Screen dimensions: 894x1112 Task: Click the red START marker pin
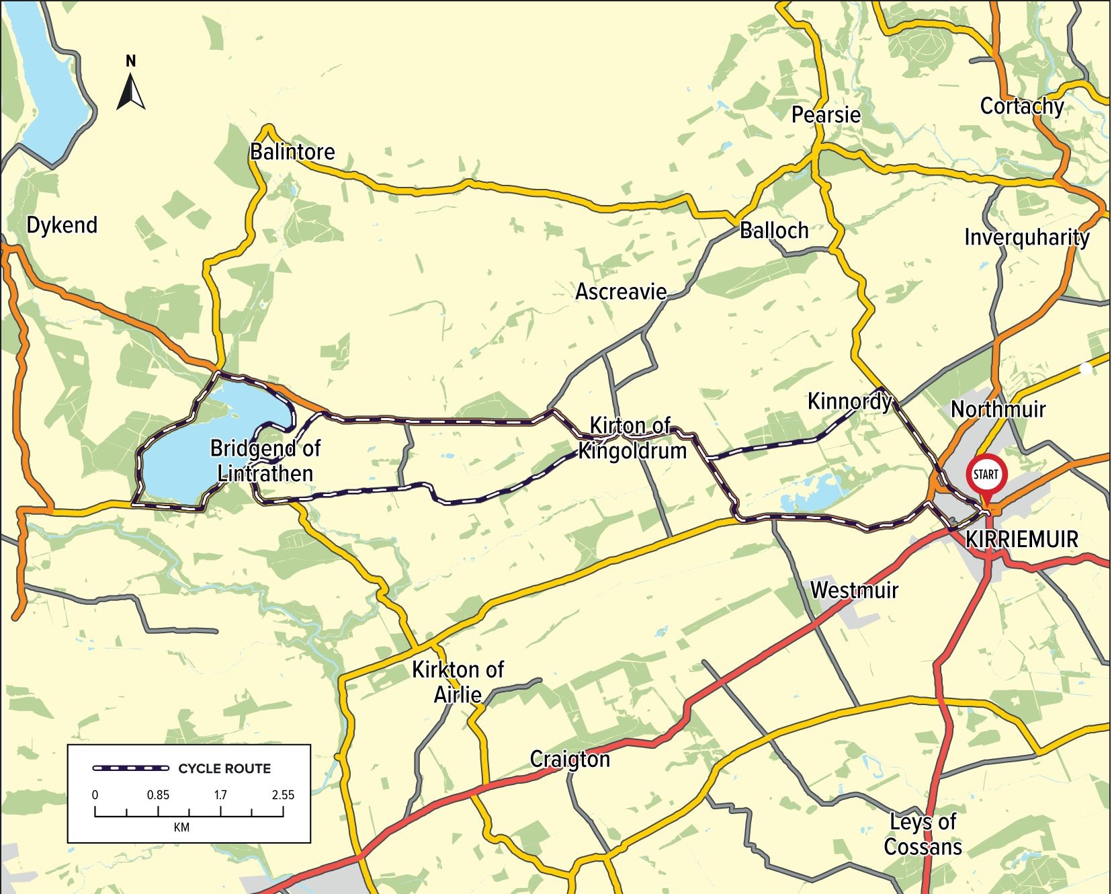pyautogui.click(x=986, y=476)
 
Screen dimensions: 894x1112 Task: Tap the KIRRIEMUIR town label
pyautogui.click(x=1021, y=540)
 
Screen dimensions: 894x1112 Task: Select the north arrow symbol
pyautogui.click(x=131, y=91)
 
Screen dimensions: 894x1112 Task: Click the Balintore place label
pyautogui.click(x=292, y=152)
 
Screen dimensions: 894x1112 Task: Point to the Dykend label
pyautogui.click(x=62, y=225)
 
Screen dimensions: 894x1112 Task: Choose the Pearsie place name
pyautogui.click(x=826, y=115)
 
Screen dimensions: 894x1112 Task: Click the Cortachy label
pyautogui.click(x=1021, y=107)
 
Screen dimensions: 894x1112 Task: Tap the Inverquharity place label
pyautogui.click(x=1027, y=238)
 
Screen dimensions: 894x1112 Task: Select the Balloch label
pyautogui.click(x=774, y=231)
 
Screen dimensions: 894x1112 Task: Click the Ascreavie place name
pyautogui.click(x=621, y=292)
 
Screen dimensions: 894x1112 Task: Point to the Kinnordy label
pyautogui.click(x=849, y=402)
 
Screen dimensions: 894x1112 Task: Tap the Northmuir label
pyautogui.click(x=998, y=409)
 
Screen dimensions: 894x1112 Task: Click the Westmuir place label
pyautogui.click(x=854, y=590)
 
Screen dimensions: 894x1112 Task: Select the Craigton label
pyautogui.click(x=570, y=760)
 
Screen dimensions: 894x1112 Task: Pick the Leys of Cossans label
pyautogui.click(x=923, y=834)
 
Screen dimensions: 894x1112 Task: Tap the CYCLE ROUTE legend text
pyautogui.click(x=224, y=769)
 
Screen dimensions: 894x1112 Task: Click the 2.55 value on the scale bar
pyautogui.click(x=283, y=795)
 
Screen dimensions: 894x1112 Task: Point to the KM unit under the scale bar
pyautogui.click(x=181, y=827)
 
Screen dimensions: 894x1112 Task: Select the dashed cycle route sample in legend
pyautogui.click(x=130, y=768)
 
